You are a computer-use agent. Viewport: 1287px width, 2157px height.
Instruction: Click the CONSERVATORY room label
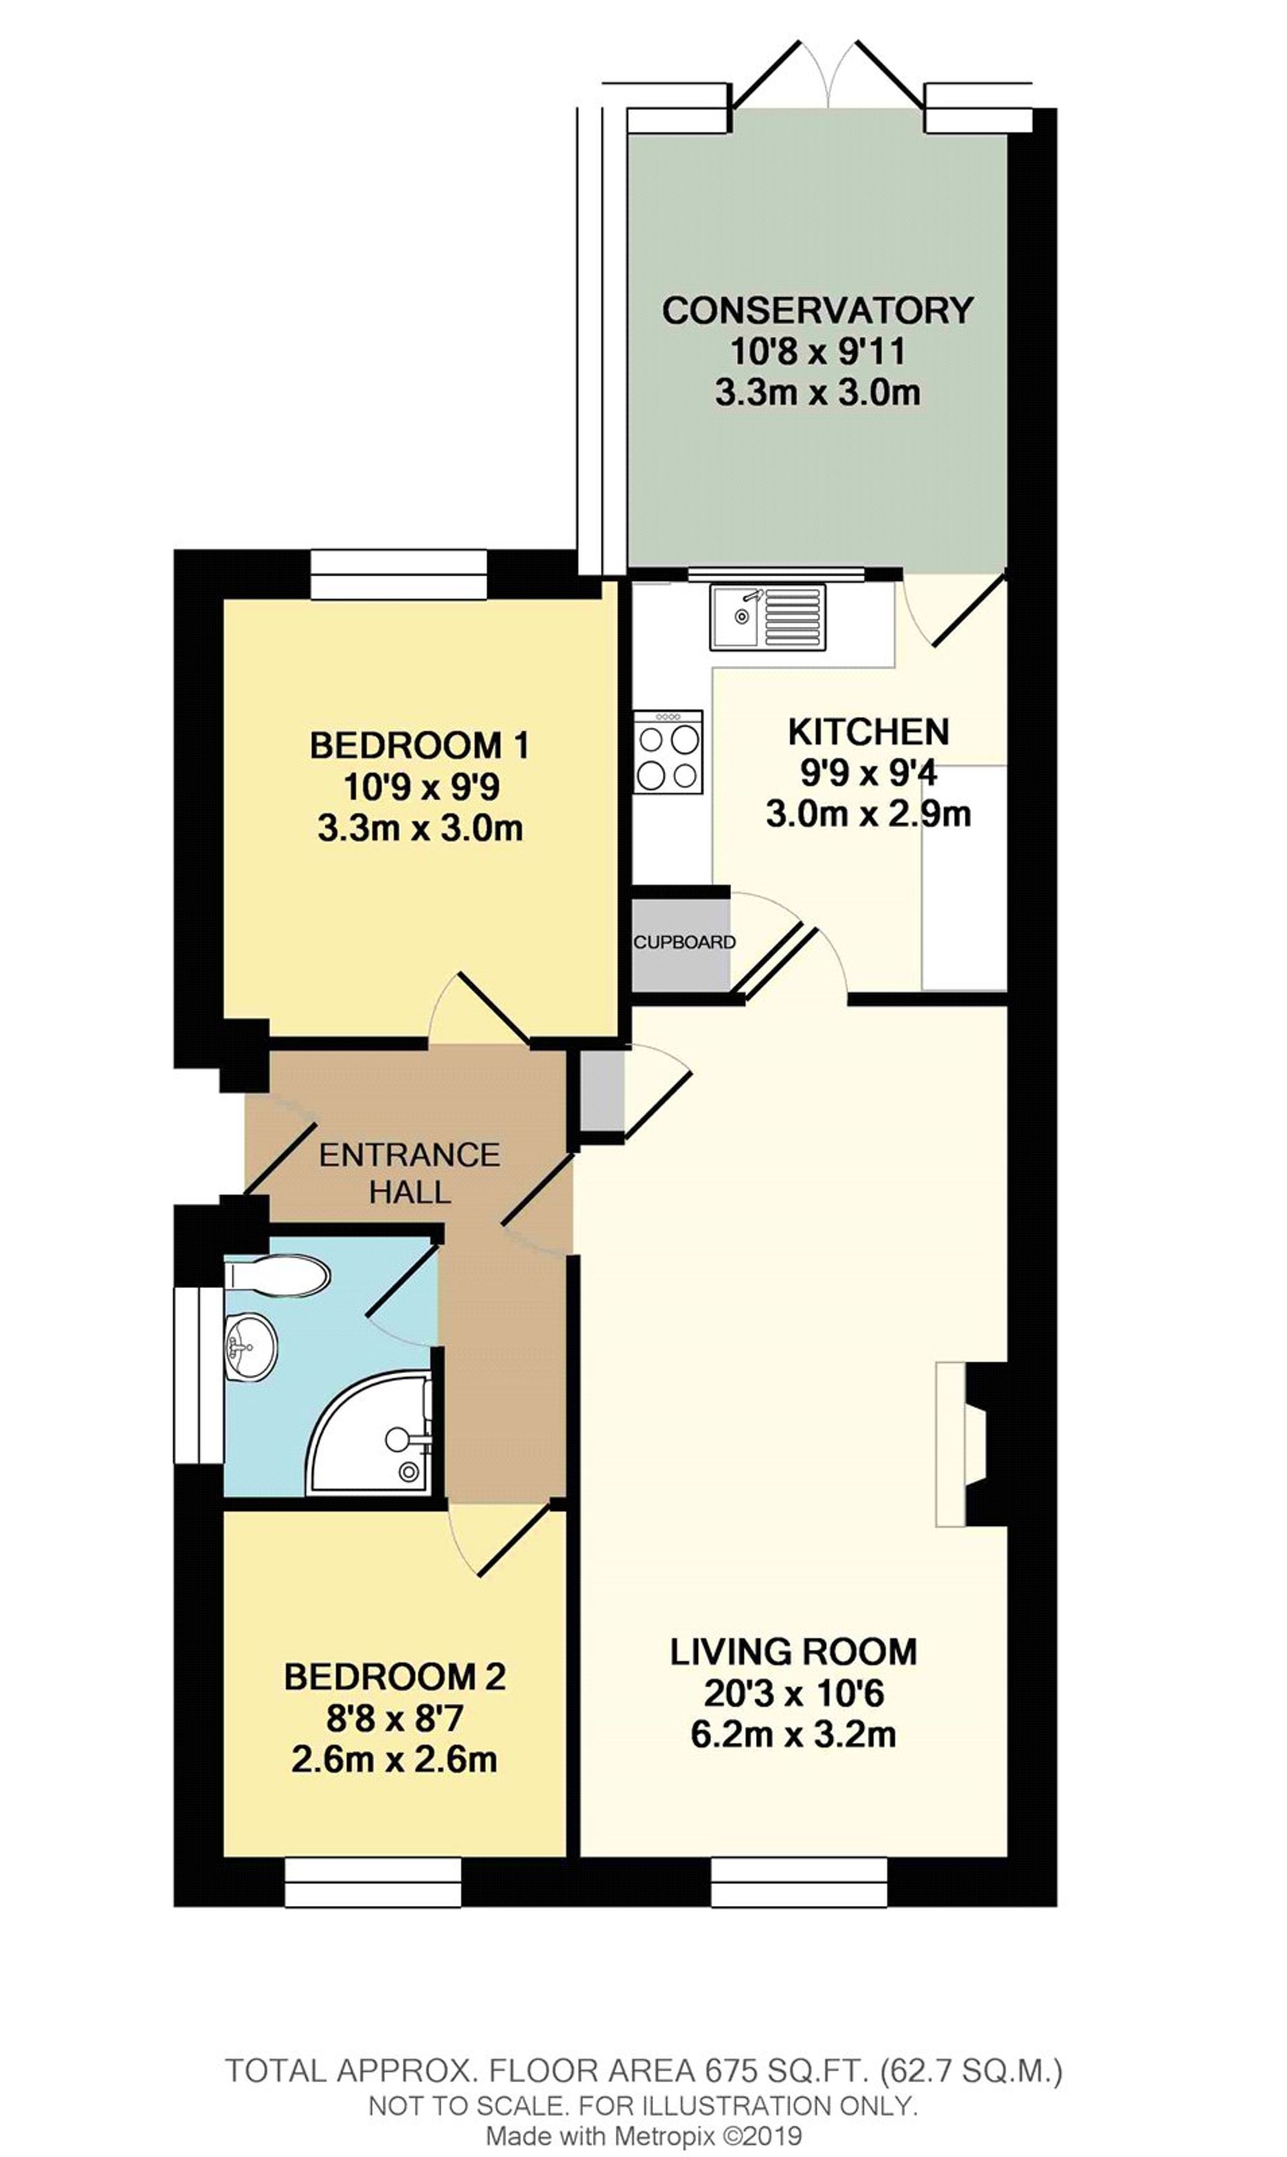pyautogui.click(x=817, y=310)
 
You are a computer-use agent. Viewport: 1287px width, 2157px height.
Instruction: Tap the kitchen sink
pyautogui.click(x=768, y=617)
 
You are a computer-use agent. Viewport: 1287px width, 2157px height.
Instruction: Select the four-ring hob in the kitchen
pyautogui.click(x=668, y=752)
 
